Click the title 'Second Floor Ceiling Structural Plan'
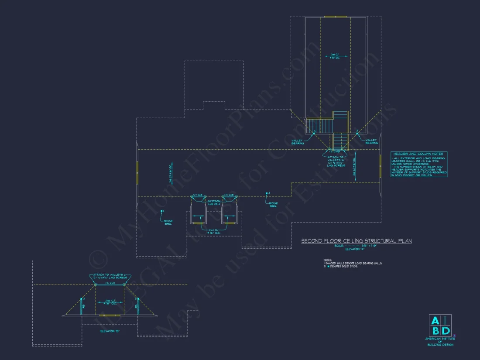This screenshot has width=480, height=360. coord(357,241)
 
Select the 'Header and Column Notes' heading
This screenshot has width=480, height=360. coord(418,154)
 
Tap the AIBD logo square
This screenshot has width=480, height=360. coord(440,325)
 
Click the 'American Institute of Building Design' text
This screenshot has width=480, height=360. coord(440,342)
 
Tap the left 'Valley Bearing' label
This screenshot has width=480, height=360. coord(298,141)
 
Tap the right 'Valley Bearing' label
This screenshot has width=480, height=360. coord(372,141)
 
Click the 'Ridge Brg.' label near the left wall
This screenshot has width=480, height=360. coord(168,222)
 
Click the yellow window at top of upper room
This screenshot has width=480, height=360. coord(336,17)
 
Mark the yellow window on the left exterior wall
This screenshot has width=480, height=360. coord(137,172)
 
